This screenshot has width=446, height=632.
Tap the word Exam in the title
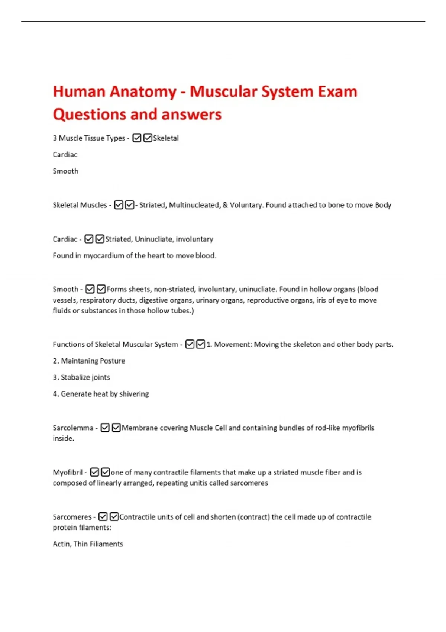337,92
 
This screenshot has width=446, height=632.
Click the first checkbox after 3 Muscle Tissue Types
137,138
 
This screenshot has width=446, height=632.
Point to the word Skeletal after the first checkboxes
166,138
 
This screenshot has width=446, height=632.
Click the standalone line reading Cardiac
65,155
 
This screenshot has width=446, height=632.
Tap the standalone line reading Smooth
65,171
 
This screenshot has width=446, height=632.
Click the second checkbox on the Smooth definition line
101,289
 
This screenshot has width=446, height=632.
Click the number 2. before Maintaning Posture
56,361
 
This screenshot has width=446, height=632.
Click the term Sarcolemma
73,428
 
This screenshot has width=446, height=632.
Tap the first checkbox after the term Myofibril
94,473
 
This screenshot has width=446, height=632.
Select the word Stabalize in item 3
74,378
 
